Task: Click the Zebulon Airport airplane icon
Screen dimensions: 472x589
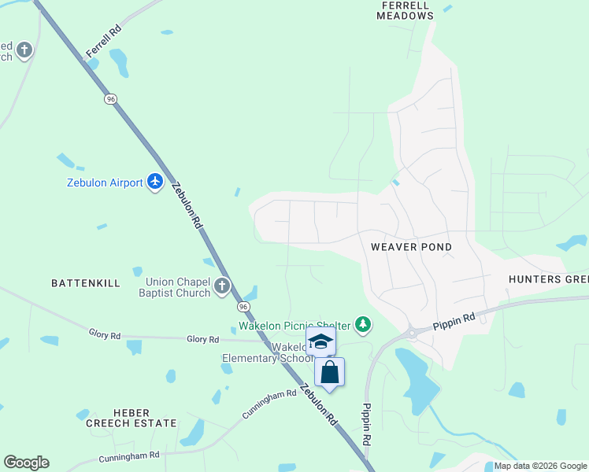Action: (155, 183)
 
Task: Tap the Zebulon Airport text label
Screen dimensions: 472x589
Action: (104, 183)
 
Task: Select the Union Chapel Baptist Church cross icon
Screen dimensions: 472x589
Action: (222, 286)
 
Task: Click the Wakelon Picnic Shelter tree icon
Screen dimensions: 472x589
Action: (362, 323)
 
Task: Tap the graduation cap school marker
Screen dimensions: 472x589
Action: (320, 341)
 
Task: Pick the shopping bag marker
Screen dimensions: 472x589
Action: (330, 372)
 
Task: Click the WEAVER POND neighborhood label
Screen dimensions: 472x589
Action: (411, 247)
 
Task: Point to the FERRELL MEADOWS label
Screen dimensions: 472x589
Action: (406, 10)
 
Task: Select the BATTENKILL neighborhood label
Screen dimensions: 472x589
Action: (84, 282)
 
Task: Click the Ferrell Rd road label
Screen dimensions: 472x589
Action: (103, 42)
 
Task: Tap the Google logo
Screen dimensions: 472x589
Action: (26, 463)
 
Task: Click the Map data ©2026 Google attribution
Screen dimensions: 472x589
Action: (540, 466)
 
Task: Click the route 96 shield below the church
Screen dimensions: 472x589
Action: (243, 306)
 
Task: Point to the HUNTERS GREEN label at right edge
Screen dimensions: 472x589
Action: (548, 279)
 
